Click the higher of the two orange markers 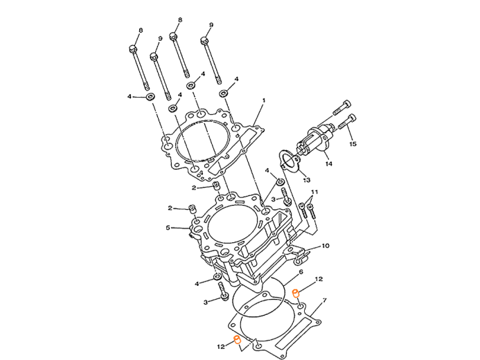295,293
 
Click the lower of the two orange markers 238,339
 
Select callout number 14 330,163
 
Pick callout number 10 327,245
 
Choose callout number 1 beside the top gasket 264,101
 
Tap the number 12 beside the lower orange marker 220,345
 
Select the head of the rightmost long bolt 205,40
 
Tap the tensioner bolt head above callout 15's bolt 347,105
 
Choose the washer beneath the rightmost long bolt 223,93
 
